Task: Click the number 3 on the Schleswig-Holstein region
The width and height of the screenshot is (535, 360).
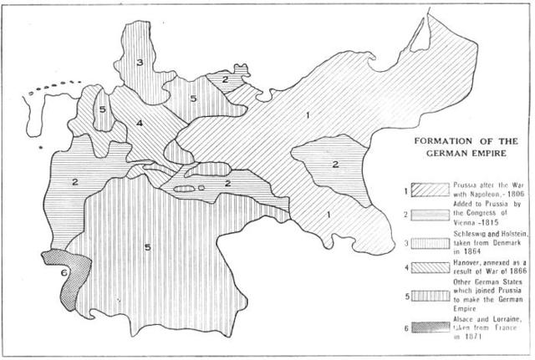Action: tap(140, 62)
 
